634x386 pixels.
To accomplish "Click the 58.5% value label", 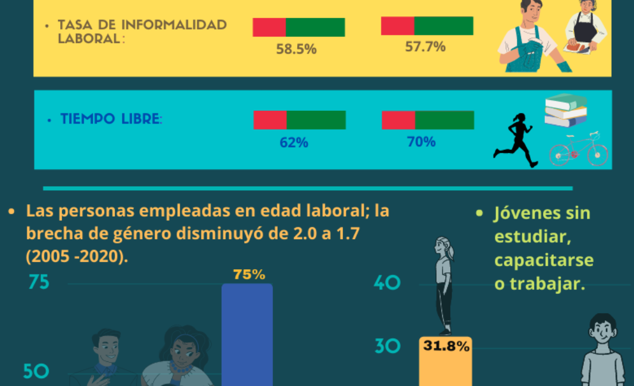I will [296, 50].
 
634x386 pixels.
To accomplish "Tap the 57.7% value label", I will [425, 46].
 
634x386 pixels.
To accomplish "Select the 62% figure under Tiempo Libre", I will [294, 143].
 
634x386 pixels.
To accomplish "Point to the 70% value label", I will [421, 142].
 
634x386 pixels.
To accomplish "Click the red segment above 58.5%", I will [269, 27].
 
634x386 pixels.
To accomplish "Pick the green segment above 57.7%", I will [444, 26].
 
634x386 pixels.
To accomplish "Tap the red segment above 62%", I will [269, 120].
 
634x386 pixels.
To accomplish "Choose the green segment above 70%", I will [444, 120].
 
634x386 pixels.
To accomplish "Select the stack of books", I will [565, 111].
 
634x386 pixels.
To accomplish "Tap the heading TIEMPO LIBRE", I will [111, 119].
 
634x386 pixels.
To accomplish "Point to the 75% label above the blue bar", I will [249, 275].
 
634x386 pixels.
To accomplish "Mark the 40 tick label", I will [387, 283].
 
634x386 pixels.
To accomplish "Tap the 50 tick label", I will [36, 371].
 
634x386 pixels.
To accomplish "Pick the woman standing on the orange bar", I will [444, 286].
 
